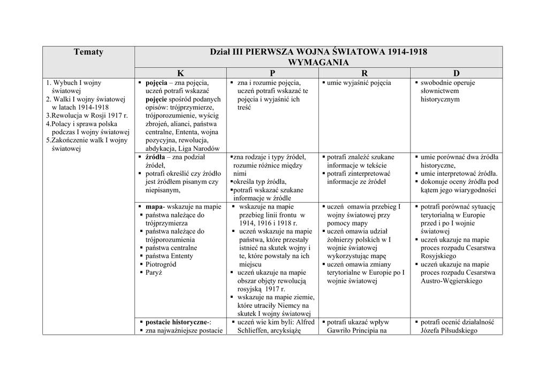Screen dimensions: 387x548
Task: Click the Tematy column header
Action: [x=88, y=52]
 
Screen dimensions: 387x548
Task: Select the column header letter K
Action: [x=180, y=73]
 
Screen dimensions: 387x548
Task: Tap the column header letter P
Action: [x=272, y=73]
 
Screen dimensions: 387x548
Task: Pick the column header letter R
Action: [x=364, y=73]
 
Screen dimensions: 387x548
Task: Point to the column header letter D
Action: [x=456, y=73]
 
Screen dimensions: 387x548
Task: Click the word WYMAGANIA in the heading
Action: [x=318, y=63]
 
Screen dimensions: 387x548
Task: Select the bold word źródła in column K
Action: [x=155, y=157]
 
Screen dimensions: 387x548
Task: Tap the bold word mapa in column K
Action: [x=154, y=207]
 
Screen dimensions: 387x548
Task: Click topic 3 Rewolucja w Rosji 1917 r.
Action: [x=87, y=115]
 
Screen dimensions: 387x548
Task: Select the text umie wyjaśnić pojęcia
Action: [x=359, y=83]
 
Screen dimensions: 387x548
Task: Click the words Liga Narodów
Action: [x=197, y=149]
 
